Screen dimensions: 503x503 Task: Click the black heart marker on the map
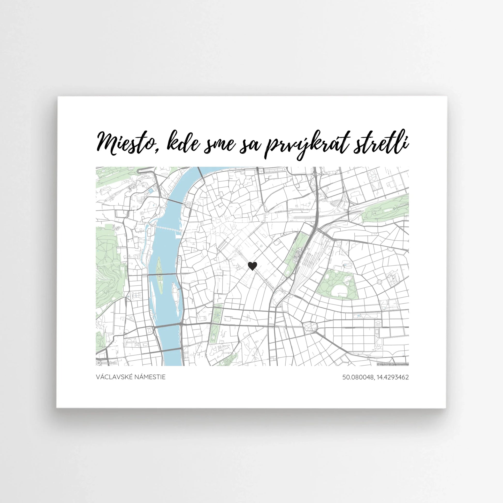pos(252,266)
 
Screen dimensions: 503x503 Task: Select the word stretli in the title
pos(381,143)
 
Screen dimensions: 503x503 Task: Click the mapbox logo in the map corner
pos(107,363)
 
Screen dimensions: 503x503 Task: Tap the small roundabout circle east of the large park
pos(379,282)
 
